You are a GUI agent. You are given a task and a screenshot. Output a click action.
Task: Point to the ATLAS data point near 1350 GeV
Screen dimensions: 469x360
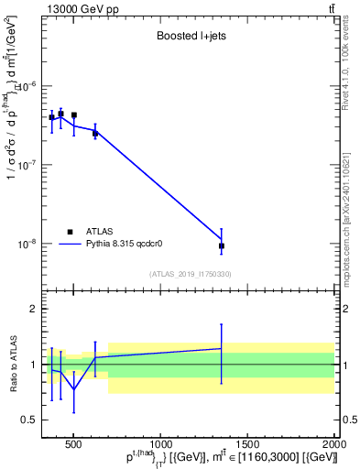point(222,245)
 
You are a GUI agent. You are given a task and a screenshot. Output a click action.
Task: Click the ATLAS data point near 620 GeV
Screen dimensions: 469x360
point(95,134)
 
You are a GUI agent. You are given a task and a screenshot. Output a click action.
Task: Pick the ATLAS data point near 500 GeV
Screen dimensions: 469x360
point(74,115)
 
